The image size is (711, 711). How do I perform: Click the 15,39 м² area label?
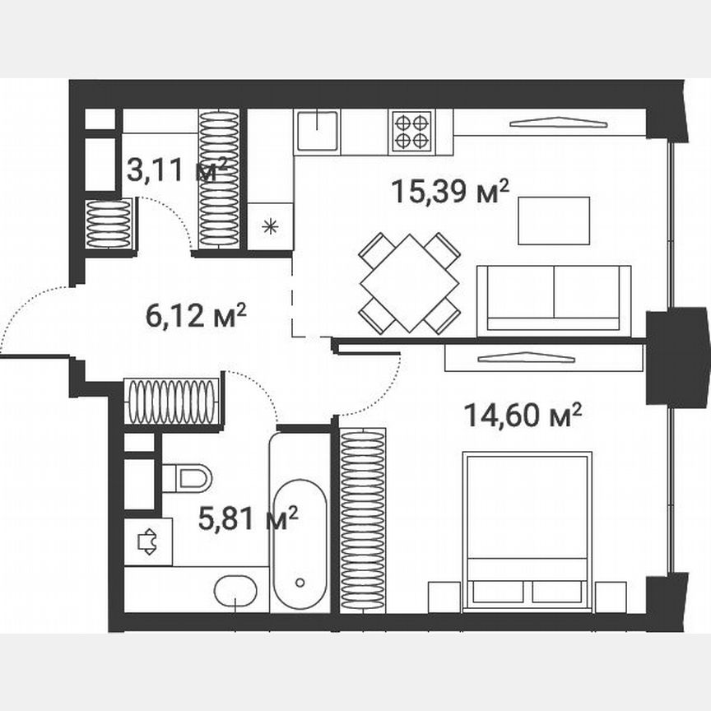click(449, 193)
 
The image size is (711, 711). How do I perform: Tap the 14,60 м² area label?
click(523, 416)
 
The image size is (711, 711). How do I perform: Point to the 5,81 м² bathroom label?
click(248, 518)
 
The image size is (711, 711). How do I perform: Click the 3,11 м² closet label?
click(176, 172)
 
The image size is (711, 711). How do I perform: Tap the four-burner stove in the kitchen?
click(411, 130)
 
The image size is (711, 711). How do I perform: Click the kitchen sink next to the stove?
click(318, 131)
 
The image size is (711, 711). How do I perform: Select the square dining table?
click(409, 283)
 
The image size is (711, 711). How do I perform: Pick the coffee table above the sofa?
click(553, 221)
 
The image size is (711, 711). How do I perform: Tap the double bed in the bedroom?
click(527, 531)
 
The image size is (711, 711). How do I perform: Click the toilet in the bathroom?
click(188, 477)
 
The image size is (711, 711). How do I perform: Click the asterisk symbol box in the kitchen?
click(270, 226)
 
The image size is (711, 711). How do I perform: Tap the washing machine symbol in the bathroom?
click(148, 541)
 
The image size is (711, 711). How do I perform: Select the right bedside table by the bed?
click(610, 597)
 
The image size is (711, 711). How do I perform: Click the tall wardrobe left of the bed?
click(362, 520)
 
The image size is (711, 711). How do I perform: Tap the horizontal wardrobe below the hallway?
click(173, 401)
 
